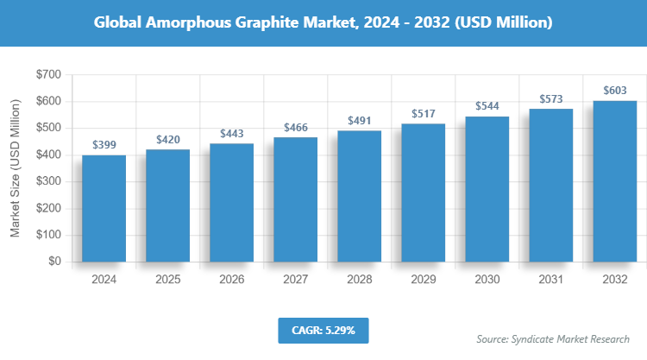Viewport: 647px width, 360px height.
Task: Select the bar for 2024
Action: click(104, 208)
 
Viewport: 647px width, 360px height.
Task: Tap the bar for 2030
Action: click(487, 189)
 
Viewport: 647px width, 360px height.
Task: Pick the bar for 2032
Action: click(614, 181)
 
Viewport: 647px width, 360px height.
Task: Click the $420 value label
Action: click(167, 139)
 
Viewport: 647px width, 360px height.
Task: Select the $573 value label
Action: click(550, 98)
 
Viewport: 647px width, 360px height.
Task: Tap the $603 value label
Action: click(614, 91)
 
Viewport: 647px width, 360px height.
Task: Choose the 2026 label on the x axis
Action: click(231, 280)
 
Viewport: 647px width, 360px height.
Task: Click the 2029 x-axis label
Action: click(423, 280)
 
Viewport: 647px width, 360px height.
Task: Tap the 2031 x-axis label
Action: click(550, 280)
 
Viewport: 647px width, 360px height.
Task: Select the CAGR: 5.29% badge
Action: click(323, 330)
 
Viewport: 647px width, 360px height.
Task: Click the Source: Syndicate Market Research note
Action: click(553, 338)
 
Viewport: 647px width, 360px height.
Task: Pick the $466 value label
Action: click(295, 128)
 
